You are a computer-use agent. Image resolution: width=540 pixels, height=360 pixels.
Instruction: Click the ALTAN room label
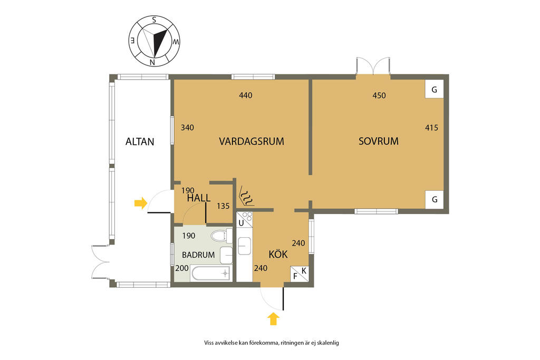pyautogui.click(x=140, y=141)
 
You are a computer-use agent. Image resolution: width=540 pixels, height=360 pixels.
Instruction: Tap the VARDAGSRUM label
pyautogui.click(x=252, y=141)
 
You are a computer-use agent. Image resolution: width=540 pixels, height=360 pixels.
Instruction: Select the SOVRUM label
pyautogui.click(x=379, y=141)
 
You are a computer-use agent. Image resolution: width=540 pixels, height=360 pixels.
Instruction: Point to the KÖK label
pyautogui.click(x=278, y=254)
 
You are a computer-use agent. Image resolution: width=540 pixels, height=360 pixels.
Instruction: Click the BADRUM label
pyautogui.click(x=198, y=255)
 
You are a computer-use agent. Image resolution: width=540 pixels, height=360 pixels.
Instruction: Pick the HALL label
pyautogui.click(x=199, y=198)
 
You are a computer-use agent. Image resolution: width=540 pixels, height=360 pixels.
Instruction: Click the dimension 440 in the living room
pyautogui.click(x=246, y=95)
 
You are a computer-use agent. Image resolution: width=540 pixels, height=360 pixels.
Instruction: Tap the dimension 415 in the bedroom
pyautogui.click(x=431, y=128)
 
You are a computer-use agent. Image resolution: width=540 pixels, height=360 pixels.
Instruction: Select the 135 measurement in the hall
pyautogui.click(x=223, y=206)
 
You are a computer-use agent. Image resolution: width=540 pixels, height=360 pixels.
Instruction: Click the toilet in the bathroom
pyautogui.click(x=220, y=236)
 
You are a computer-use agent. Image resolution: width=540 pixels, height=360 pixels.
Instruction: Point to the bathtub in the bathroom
pyautogui.click(x=211, y=274)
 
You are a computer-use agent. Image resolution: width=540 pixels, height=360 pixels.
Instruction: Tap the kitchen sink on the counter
pyautogui.click(x=244, y=246)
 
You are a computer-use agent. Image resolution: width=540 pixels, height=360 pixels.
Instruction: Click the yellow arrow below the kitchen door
pyautogui.click(x=273, y=319)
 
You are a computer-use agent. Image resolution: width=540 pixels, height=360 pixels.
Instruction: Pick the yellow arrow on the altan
pyautogui.click(x=140, y=203)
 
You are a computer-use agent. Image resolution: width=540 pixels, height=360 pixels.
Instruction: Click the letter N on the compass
pyautogui.click(x=152, y=62)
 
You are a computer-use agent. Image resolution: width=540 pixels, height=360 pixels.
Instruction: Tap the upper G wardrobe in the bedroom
pyautogui.click(x=435, y=90)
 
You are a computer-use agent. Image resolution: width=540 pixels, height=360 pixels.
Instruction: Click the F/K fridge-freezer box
pyautogui.click(x=300, y=274)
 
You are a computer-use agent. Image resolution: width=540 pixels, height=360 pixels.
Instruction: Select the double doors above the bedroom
pyautogui.click(x=373, y=66)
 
